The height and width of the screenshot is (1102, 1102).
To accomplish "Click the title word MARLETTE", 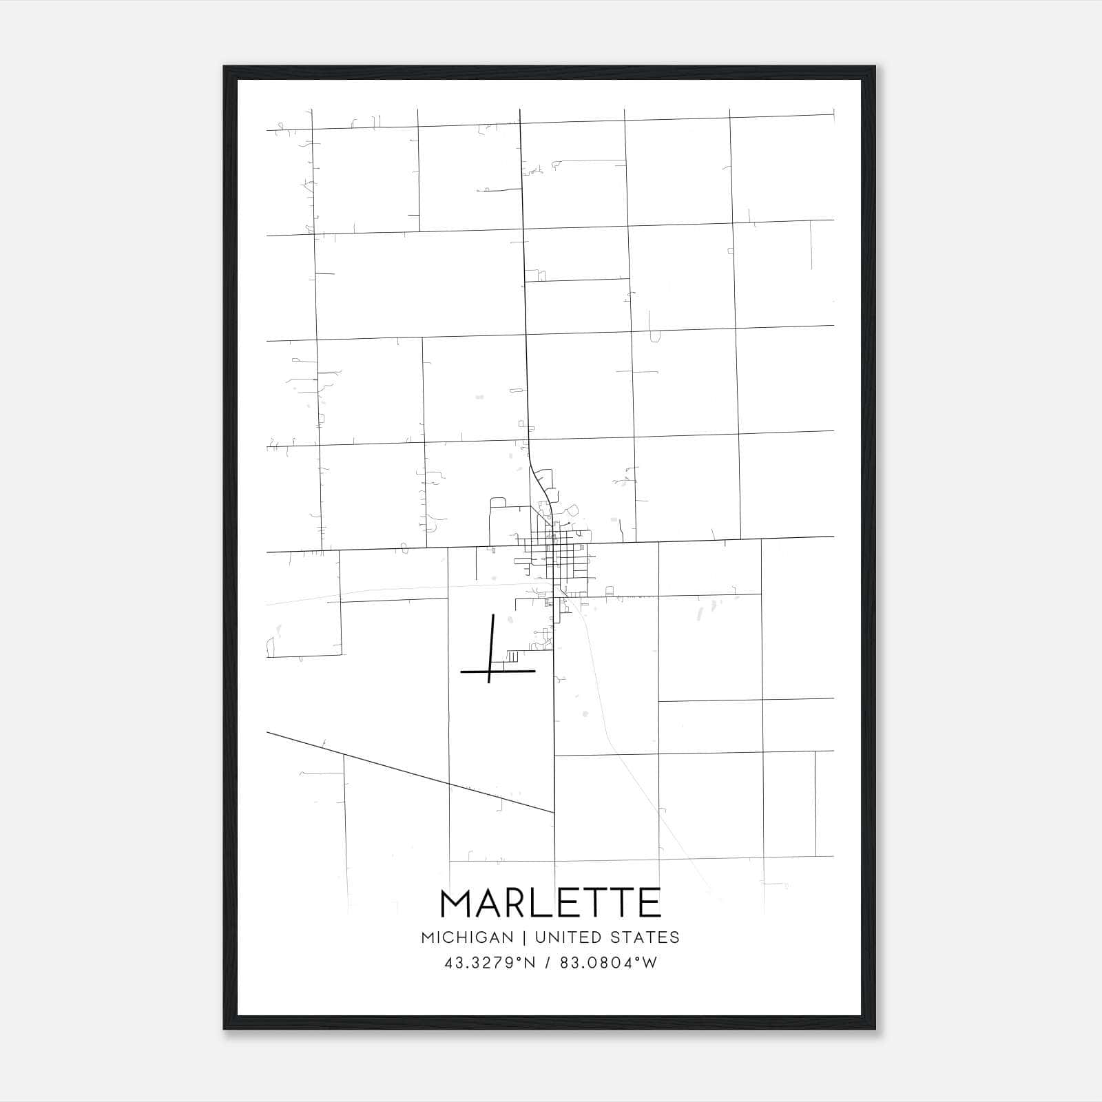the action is pos(550,903).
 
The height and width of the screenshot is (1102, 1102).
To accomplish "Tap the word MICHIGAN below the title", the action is pos(467,937).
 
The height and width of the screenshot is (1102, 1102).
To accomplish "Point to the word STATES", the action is pos(645,937).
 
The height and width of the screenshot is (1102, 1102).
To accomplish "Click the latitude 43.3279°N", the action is pos(490,963).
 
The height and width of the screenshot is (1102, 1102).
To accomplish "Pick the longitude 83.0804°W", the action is pos(608,963).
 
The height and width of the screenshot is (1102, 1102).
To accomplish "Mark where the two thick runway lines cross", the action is pos(490,670).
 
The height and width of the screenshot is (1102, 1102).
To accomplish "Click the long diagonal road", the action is pos(410,772).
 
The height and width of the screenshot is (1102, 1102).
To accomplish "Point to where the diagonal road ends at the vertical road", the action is pos(554,813).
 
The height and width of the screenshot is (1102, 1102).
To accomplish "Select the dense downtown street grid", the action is pos(557,551).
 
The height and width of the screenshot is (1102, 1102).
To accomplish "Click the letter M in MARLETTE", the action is pos(458,903).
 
